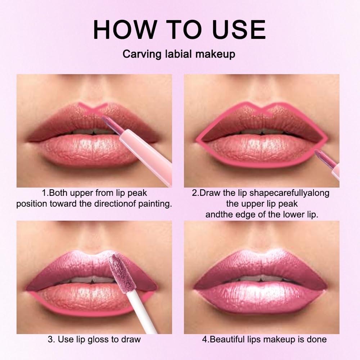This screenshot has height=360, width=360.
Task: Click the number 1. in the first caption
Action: coord(45,193)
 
